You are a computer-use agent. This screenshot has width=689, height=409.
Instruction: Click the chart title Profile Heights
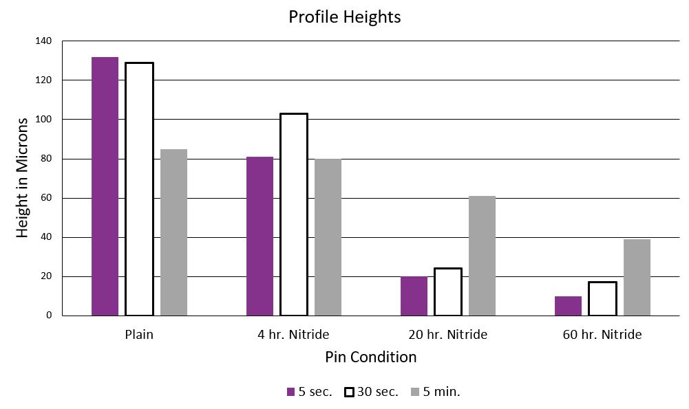344,16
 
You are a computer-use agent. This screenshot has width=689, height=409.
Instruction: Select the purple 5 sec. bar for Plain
105,186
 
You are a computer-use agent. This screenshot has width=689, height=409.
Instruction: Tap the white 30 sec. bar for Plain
139,189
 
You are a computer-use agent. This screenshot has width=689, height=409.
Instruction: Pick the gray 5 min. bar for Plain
173,232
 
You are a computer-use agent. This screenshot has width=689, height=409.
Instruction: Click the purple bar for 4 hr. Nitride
259,236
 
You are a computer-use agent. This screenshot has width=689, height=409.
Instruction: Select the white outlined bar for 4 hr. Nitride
294,214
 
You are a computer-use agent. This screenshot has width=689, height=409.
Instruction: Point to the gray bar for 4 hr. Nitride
328,237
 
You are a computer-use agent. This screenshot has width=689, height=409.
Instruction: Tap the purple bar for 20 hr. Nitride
414,296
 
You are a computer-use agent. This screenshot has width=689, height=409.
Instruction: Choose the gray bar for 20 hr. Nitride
482,256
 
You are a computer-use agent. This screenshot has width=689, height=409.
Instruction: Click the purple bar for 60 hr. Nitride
568,306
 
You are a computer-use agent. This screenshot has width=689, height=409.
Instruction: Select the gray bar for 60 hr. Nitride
637,278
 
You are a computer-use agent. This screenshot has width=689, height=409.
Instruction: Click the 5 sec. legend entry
309,392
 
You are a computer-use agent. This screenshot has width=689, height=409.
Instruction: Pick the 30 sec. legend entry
371,392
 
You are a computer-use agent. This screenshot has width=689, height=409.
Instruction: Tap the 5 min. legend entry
435,392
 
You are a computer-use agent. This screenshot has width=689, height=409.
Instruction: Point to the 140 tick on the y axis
43,41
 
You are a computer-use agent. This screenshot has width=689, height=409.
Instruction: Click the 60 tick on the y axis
46,198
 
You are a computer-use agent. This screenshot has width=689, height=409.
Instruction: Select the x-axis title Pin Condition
370,357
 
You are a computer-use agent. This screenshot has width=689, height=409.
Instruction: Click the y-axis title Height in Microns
23,178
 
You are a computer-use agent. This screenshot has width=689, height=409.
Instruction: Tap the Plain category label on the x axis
139,335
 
